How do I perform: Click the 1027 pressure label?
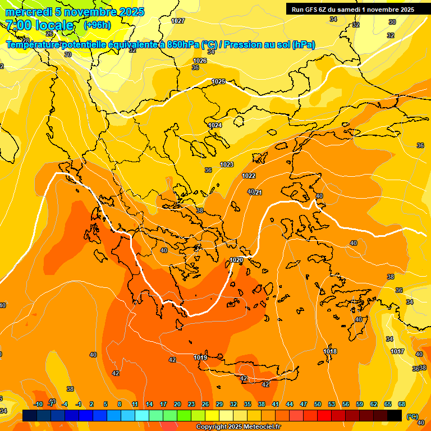[x=178, y=21]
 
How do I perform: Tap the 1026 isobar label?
[x=200, y=61]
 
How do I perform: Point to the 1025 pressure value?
[x=218, y=81]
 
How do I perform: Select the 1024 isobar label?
[x=215, y=125]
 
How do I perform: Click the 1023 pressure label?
[x=227, y=164]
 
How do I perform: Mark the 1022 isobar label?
[x=249, y=176]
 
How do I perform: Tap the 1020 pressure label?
[x=237, y=260]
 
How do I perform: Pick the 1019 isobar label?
[x=200, y=357]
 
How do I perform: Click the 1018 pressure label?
[x=330, y=351]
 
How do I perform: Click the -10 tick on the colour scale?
[x=38, y=404]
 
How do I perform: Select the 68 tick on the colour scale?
[x=402, y=404]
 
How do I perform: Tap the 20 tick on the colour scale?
[x=177, y=404]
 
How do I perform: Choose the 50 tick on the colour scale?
[x=318, y=404]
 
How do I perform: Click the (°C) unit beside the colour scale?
[x=412, y=416]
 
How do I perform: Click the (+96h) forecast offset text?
[x=97, y=25]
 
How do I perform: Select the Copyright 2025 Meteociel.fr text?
[x=238, y=427]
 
